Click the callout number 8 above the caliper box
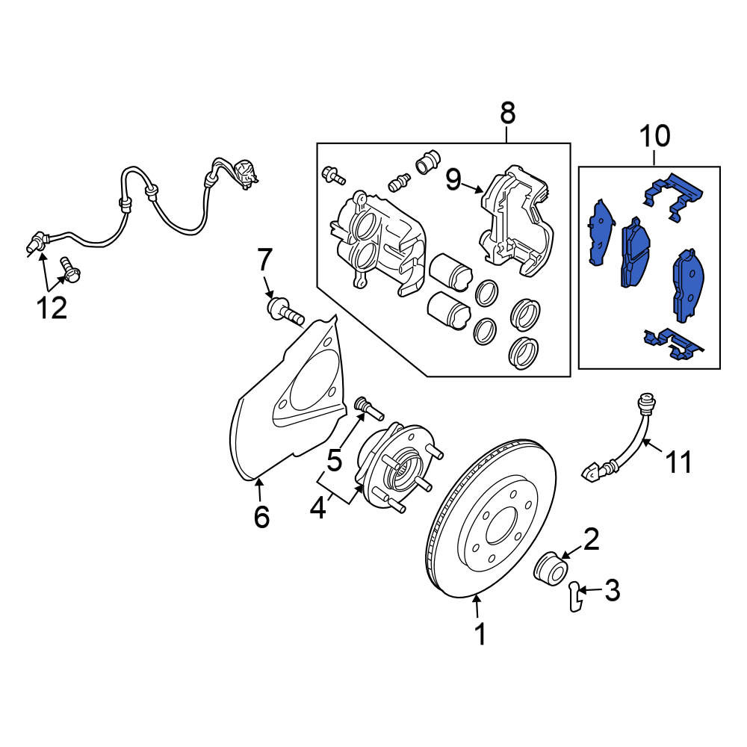click(508, 114)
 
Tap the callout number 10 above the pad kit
click(654, 136)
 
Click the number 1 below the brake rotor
click(480, 634)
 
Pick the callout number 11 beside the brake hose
click(678, 462)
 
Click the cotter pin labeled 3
click(575, 596)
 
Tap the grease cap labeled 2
click(551, 568)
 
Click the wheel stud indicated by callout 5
click(370, 409)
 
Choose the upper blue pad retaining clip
click(674, 196)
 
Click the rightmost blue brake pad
click(689, 285)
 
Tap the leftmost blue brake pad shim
click(601, 232)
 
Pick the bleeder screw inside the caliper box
click(399, 182)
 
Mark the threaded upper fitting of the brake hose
click(647, 404)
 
